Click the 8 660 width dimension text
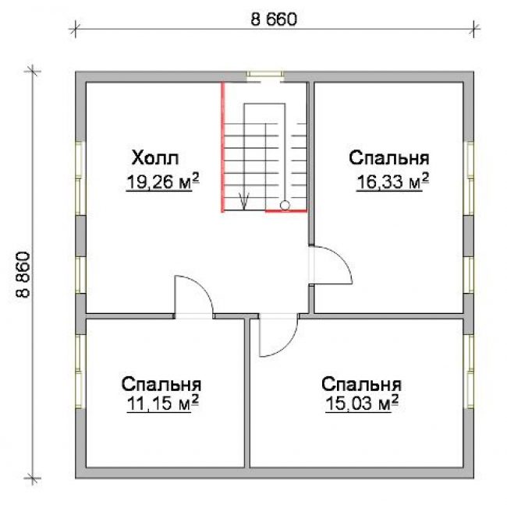274,19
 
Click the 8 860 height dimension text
23,275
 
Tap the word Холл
155,157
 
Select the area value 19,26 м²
162,181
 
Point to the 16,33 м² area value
393,181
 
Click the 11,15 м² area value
162,404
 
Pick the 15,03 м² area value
362,404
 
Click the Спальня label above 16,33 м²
389,157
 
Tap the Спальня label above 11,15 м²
161,384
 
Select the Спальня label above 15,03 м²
361,384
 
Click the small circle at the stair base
285,205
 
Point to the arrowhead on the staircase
244,201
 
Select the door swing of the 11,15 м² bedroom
203,287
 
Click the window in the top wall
264,75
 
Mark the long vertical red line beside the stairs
223,147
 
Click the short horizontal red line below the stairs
286,211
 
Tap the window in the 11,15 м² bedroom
80,371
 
